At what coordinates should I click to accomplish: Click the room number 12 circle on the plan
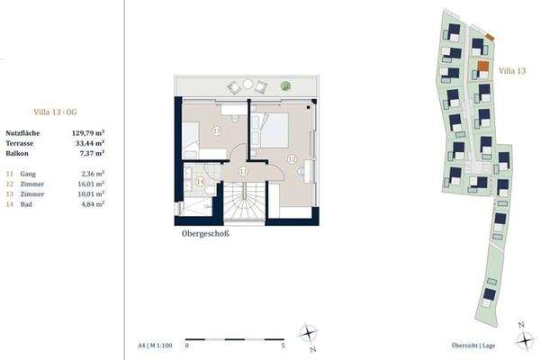coord(292,160)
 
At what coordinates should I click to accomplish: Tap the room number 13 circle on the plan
coord(216,130)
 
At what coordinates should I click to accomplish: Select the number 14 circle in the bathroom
coord(200,181)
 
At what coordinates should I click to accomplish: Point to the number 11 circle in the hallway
coord(242,170)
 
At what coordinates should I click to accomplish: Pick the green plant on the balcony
coord(284,85)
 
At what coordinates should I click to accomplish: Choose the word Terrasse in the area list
coord(22,142)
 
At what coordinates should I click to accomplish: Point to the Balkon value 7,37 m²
coord(91,152)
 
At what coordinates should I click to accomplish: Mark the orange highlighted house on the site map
coord(483,65)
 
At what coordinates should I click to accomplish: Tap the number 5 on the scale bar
coord(284,345)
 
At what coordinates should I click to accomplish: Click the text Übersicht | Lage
coord(473,346)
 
